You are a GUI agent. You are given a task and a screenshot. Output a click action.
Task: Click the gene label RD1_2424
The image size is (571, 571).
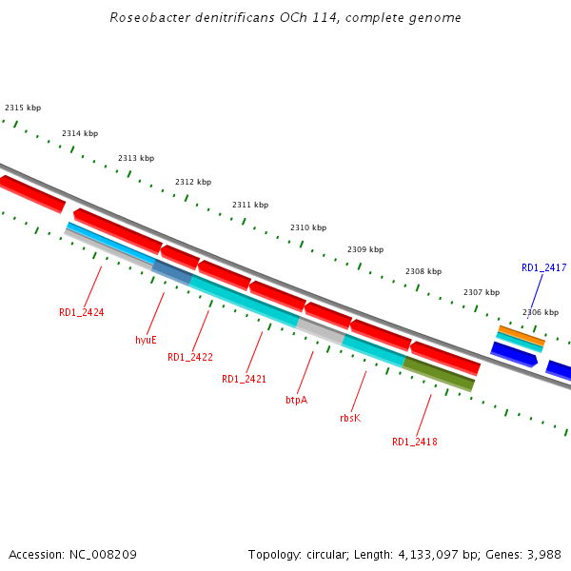(x=81, y=312)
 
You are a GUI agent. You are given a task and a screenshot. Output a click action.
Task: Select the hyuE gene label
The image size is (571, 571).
(x=146, y=339)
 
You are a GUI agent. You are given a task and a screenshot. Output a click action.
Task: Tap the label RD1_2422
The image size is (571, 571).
(x=190, y=357)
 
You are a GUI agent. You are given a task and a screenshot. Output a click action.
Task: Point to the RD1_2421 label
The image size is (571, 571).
(x=244, y=379)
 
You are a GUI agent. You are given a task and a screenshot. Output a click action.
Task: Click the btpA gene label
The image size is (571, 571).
(x=296, y=400)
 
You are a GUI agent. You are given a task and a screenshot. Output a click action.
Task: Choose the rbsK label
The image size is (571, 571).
(x=350, y=418)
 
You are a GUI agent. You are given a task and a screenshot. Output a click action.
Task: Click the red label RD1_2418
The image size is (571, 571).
(x=415, y=442)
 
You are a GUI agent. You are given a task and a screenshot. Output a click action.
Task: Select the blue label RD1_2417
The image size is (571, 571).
(x=543, y=268)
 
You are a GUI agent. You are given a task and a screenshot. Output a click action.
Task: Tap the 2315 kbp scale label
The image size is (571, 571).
(x=23, y=108)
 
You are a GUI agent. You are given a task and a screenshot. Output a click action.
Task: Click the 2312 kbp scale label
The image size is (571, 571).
(x=193, y=182)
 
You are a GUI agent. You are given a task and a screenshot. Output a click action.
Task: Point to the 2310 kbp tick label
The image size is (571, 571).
(x=308, y=227)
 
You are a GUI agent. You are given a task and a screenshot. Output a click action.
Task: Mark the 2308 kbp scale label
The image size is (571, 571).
(x=423, y=271)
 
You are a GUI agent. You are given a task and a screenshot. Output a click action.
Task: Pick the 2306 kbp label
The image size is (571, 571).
(x=541, y=312)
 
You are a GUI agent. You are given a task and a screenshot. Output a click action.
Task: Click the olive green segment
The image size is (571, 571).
(x=439, y=373)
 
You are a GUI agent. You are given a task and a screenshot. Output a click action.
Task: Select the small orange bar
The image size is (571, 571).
(x=522, y=335)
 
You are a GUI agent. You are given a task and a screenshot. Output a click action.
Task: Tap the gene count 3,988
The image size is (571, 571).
(x=542, y=554)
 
